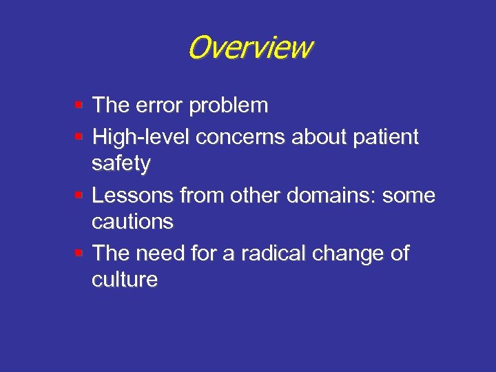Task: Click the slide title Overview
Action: tap(249, 48)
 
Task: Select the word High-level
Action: tap(141, 137)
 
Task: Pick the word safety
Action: tap(121, 165)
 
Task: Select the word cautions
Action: tap(132, 222)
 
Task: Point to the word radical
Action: tap(266, 253)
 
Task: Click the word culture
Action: tap(125, 280)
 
